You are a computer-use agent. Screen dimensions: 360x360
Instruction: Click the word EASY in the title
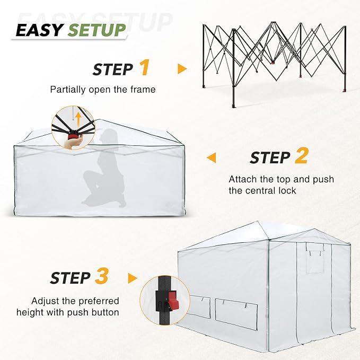click(x=39, y=30)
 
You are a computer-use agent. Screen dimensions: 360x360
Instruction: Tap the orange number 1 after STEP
click(x=144, y=68)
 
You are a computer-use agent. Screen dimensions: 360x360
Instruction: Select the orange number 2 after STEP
click(x=301, y=156)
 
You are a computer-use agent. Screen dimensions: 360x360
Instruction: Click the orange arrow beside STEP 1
click(x=182, y=69)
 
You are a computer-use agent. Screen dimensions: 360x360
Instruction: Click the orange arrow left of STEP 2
click(x=212, y=157)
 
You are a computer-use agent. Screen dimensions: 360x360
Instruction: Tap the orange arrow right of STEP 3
click(x=133, y=278)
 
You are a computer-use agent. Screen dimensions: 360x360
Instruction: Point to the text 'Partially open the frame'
click(x=103, y=90)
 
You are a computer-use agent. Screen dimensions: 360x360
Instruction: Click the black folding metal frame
click(x=273, y=58)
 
